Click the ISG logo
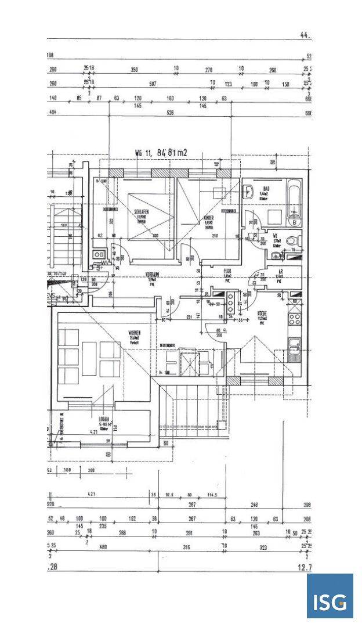(x=330, y=596)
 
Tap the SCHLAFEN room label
(x=142, y=212)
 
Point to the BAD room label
(x=266, y=188)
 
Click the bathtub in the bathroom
(x=295, y=203)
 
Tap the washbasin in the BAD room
(x=248, y=190)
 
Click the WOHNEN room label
(x=135, y=333)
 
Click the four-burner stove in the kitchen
(x=295, y=318)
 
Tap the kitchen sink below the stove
(x=295, y=345)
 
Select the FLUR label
(x=228, y=270)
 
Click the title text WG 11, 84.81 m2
(x=161, y=153)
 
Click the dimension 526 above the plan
(x=170, y=113)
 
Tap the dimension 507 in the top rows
(x=153, y=84)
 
